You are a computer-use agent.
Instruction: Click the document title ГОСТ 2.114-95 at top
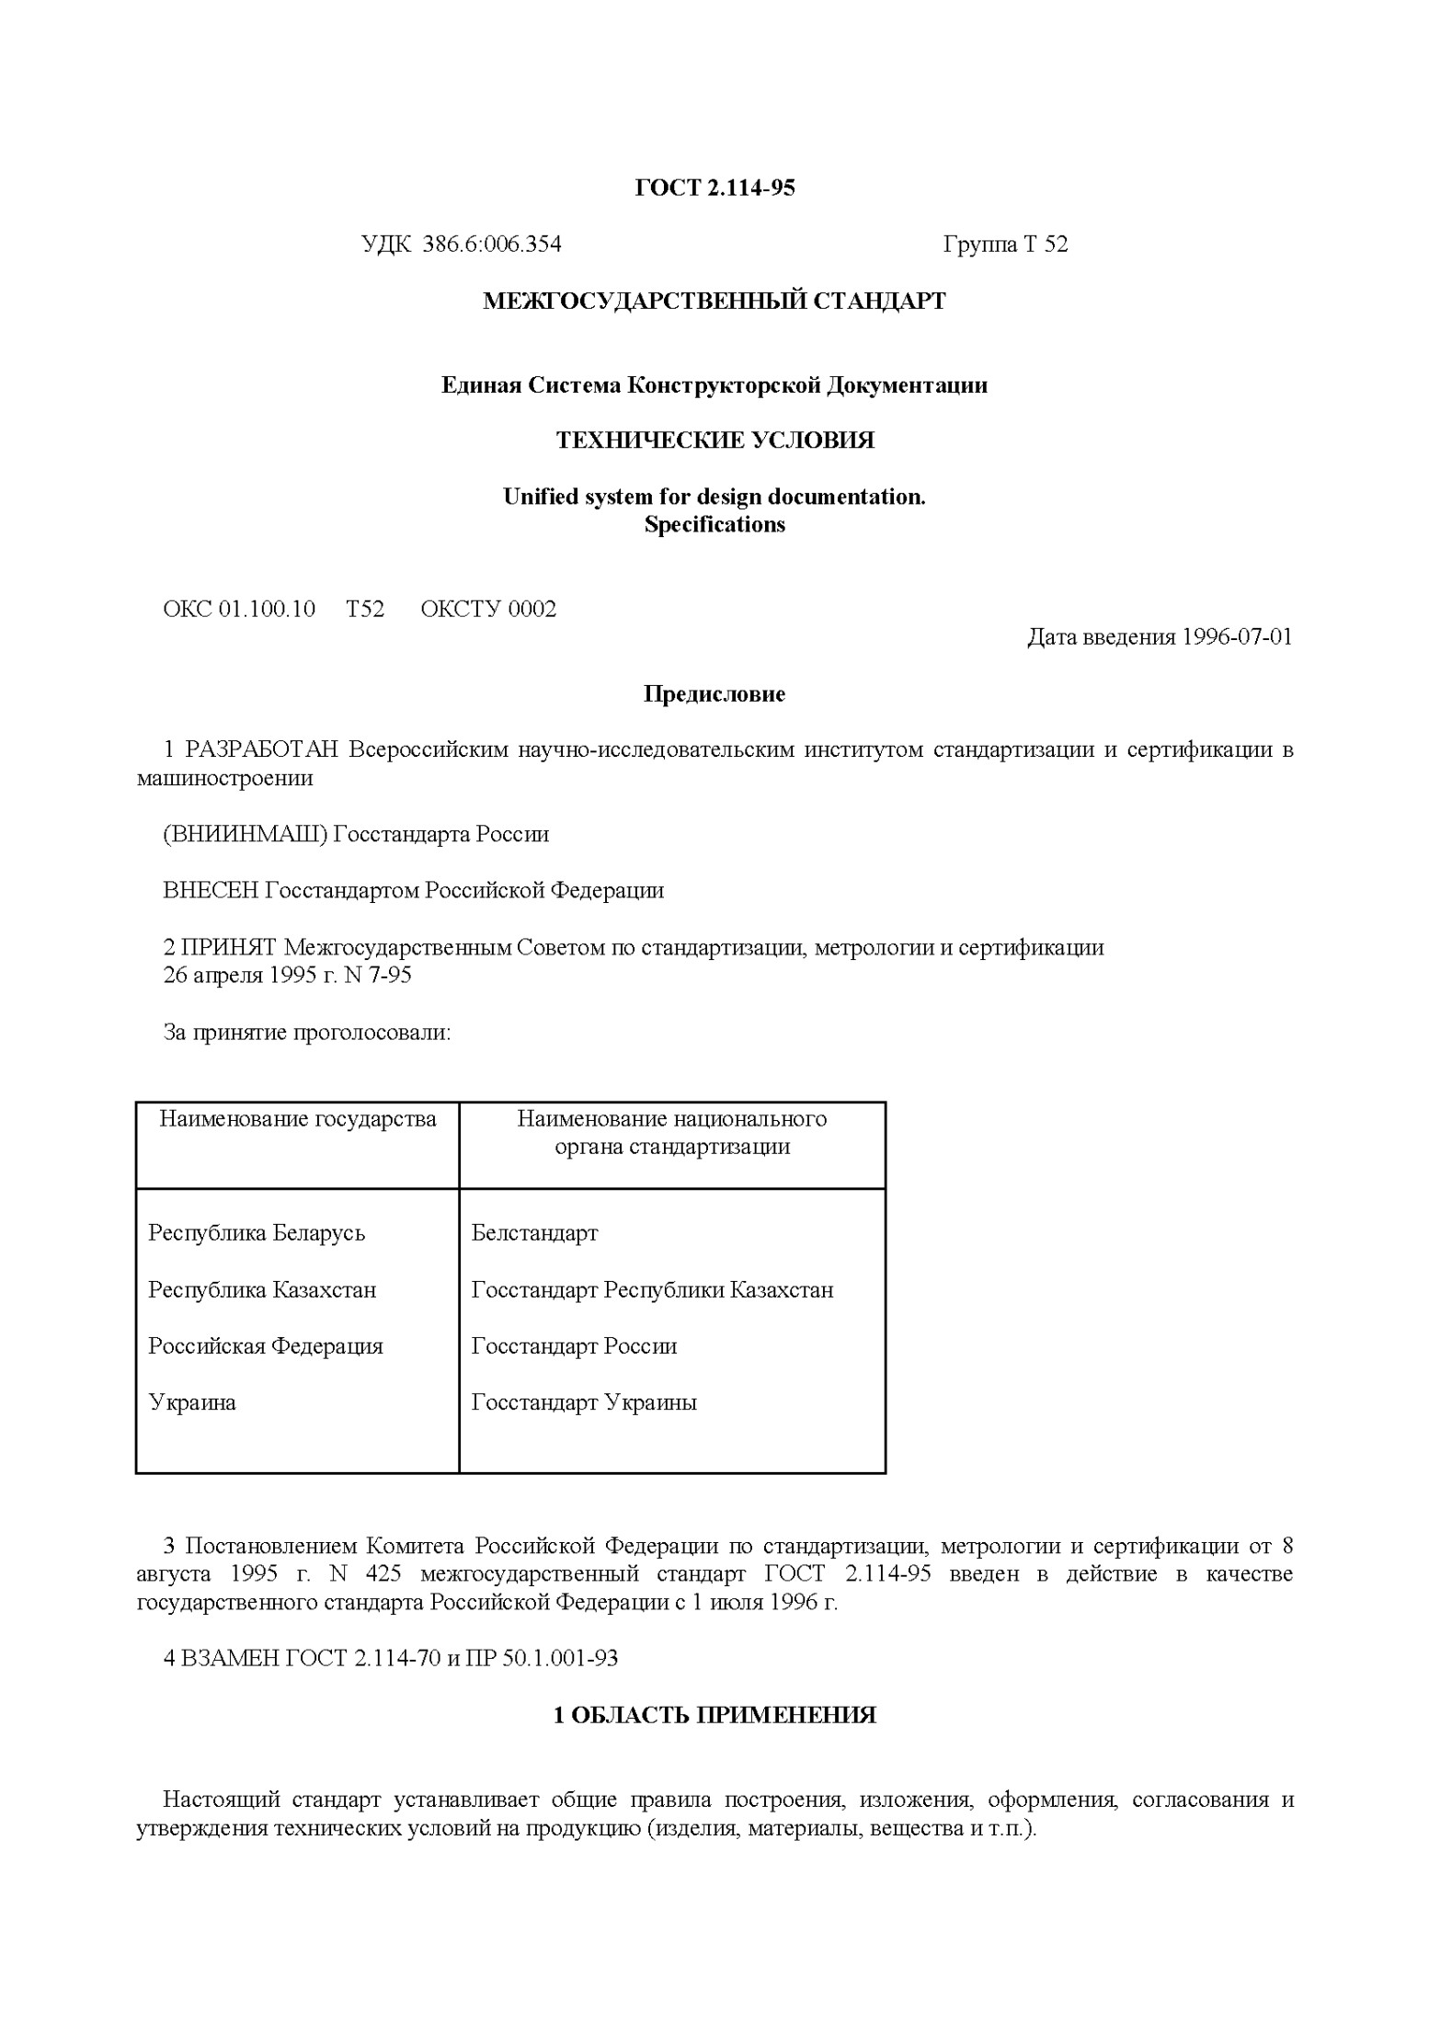coord(714,189)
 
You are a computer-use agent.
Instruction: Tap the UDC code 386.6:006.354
coord(492,245)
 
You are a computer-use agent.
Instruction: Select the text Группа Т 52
coord(1005,245)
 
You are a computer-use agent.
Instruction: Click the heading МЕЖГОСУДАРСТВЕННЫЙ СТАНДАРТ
coord(714,302)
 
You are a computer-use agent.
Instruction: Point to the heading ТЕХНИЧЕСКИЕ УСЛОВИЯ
coord(714,440)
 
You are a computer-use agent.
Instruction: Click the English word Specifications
coord(714,525)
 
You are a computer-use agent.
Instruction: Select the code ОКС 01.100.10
coord(239,610)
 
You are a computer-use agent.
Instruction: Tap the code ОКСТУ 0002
coord(488,610)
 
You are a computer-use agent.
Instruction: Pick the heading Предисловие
coord(714,694)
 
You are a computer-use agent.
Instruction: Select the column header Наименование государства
coord(298,1119)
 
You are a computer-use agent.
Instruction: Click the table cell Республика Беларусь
coord(257,1233)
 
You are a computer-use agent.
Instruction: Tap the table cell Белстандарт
coord(534,1233)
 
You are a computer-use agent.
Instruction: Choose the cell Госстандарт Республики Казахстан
coord(652,1290)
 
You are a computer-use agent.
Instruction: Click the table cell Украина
coord(192,1403)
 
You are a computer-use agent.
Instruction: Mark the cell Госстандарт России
coord(574,1346)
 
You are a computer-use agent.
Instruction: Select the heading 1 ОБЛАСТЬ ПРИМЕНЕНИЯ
coord(714,1715)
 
